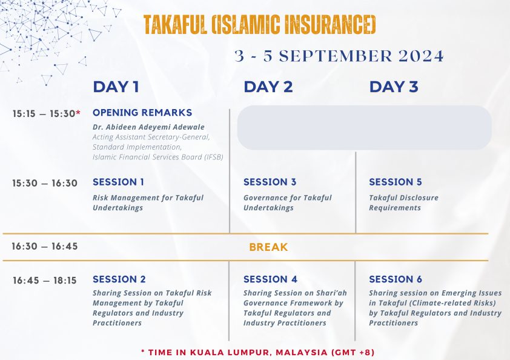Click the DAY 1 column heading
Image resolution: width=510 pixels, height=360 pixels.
(x=116, y=87)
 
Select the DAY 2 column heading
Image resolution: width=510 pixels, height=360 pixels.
(x=268, y=87)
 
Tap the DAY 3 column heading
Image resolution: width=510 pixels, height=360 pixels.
(x=394, y=87)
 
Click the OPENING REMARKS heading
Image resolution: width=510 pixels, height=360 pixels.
(x=142, y=113)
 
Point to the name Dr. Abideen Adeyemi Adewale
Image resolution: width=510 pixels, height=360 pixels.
(x=148, y=127)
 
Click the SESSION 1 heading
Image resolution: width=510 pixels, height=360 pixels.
(x=118, y=182)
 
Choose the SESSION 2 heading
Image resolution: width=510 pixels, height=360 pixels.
(x=119, y=279)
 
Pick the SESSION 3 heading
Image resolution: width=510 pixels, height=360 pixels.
(x=270, y=182)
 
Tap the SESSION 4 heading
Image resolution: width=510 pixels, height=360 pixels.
(x=270, y=279)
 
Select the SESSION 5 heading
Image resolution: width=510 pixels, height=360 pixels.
(x=396, y=182)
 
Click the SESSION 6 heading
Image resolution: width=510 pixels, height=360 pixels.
(x=396, y=279)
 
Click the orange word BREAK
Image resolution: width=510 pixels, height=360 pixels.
(x=269, y=247)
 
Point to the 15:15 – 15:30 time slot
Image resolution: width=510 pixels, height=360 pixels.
(x=44, y=114)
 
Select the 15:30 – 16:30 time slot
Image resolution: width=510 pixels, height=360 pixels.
(x=45, y=183)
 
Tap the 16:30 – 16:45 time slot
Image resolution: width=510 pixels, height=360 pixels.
(x=45, y=247)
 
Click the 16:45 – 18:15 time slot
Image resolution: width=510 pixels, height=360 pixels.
(x=45, y=281)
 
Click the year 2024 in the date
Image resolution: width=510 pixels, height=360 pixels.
(x=421, y=56)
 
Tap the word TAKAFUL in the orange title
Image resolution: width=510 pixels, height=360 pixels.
(x=175, y=25)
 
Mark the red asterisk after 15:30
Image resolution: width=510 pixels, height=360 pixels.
(x=78, y=112)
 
